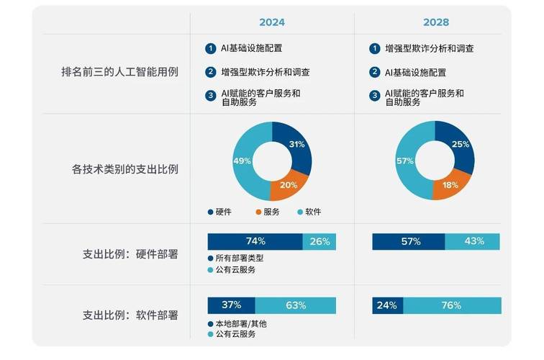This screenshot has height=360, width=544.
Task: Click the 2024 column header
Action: (x=272, y=22)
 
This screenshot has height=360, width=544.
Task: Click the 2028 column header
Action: (x=436, y=22)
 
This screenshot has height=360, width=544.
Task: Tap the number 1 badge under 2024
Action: (x=210, y=49)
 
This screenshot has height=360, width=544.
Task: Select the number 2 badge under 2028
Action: (x=375, y=72)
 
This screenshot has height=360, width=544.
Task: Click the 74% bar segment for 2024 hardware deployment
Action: (x=255, y=242)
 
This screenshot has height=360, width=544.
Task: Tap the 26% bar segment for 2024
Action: (x=319, y=242)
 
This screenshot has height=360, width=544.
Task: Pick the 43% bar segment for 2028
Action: (x=473, y=242)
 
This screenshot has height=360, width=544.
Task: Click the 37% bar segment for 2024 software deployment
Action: (x=231, y=305)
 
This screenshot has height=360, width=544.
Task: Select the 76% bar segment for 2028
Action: (x=451, y=305)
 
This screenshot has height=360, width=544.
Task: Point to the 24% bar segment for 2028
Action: (x=386, y=305)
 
